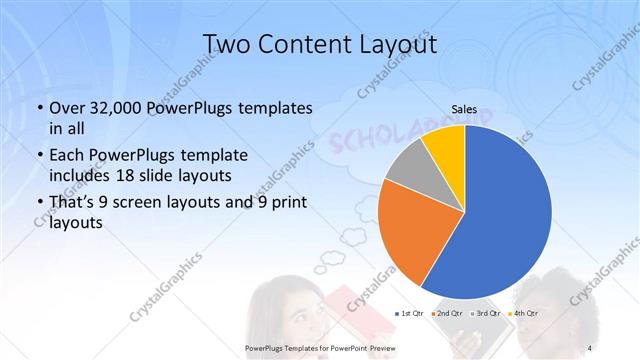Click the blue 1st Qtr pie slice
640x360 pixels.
[x=500, y=220]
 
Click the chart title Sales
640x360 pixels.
[x=464, y=110]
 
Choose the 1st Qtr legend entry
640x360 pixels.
[x=410, y=313]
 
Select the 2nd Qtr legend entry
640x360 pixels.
[x=447, y=313]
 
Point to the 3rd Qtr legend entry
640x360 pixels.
[x=485, y=313]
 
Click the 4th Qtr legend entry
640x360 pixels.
[x=523, y=313]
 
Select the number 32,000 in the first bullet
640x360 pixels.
[x=112, y=107]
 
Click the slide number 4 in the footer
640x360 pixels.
[x=590, y=346]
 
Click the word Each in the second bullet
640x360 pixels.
[x=66, y=155]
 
